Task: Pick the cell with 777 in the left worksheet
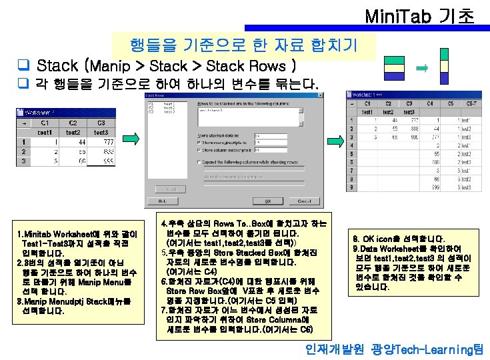[x=100, y=141]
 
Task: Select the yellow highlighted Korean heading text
[x=244, y=45]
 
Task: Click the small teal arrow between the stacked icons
[x=421, y=67]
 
